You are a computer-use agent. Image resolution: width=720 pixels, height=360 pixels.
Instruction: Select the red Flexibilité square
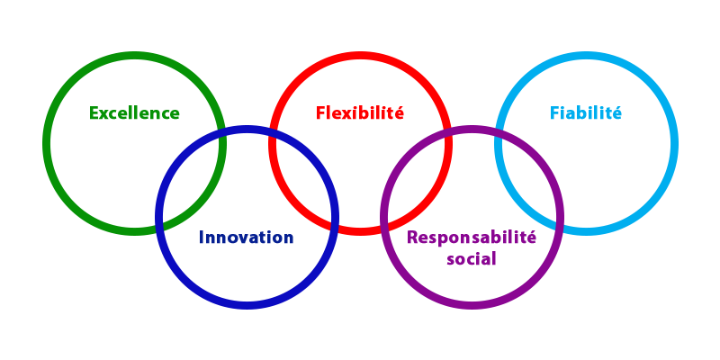pyautogui.click(x=360, y=81)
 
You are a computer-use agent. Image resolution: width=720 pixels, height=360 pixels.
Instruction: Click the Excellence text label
pyautogui.click(x=135, y=113)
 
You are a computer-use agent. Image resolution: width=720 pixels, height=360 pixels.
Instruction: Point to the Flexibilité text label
pyautogui.click(x=360, y=113)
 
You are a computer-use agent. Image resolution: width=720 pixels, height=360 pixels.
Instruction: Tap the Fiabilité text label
pyautogui.click(x=589, y=113)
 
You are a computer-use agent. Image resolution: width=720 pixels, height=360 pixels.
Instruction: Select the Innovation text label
pyautogui.click(x=246, y=238)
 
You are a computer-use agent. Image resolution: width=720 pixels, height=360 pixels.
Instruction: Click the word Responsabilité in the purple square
pyautogui.click(x=475, y=238)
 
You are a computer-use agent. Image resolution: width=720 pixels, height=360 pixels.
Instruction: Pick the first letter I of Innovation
pyautogui.click(x=204, y=238)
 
